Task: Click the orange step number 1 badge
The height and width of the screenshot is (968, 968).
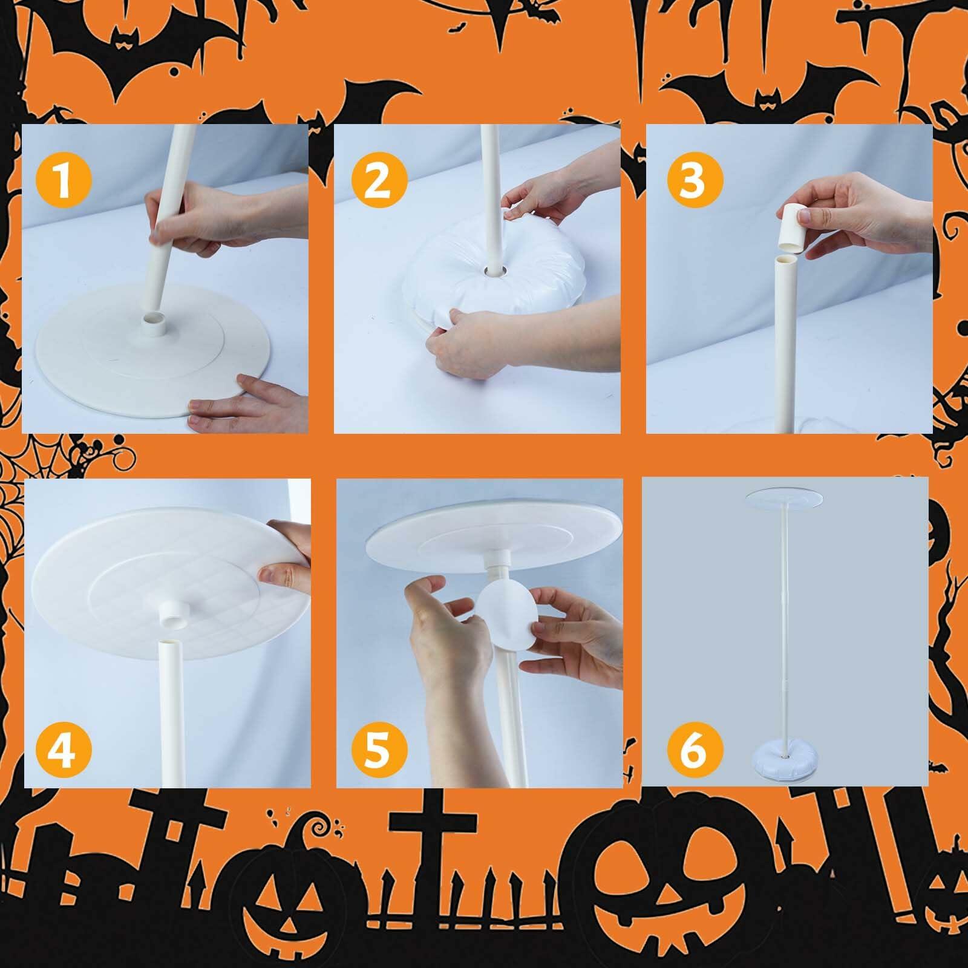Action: (x=64, y=180)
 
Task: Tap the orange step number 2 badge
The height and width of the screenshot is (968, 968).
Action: (x=378, y=180)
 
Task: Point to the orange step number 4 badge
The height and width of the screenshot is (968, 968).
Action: (x=63, y=748)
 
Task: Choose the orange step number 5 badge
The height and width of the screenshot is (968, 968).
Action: (x=376, y=748)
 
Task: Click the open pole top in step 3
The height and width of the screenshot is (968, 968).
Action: (x=785, y=259)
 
